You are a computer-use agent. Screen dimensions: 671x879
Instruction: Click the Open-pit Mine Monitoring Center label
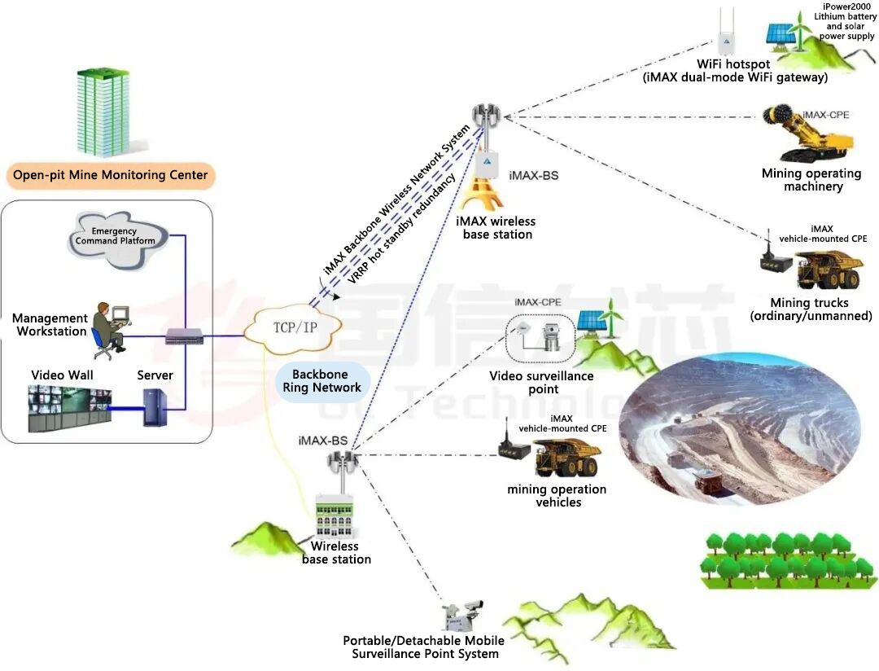(110, 174)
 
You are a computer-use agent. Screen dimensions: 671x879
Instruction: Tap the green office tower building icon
(103, 112)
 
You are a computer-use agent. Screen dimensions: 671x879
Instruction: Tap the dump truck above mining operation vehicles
(566, 458)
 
